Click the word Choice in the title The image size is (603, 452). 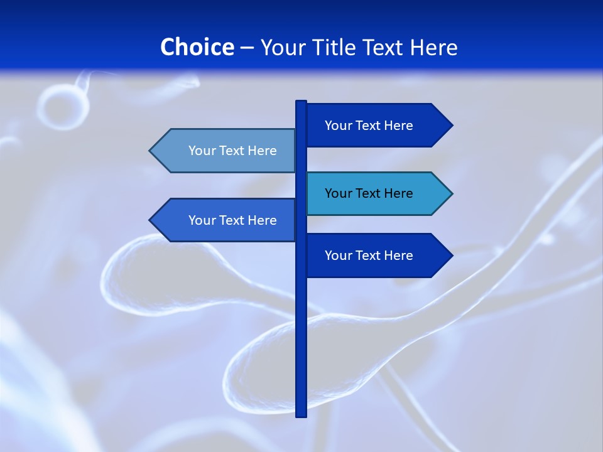coord(197,47)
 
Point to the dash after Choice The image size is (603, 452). coord(247,48)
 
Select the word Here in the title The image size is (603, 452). coord(433,47)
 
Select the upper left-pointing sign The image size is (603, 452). coord(226,151)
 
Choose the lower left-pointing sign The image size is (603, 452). coord(226,220)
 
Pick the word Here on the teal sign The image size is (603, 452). coord(397,193)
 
